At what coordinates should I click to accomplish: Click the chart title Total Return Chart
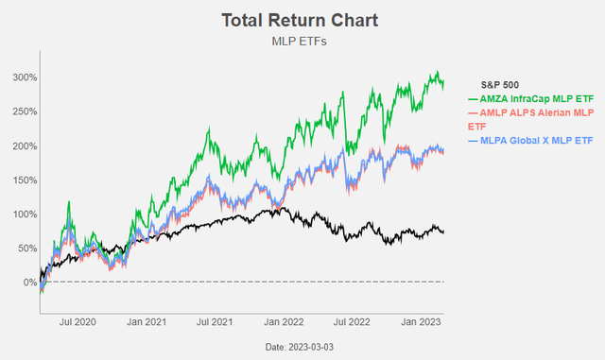coord(302,20)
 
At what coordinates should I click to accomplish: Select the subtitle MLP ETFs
coord(302,42)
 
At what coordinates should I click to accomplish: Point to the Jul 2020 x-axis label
coord(79,321)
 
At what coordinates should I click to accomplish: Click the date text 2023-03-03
coord(302,348)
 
